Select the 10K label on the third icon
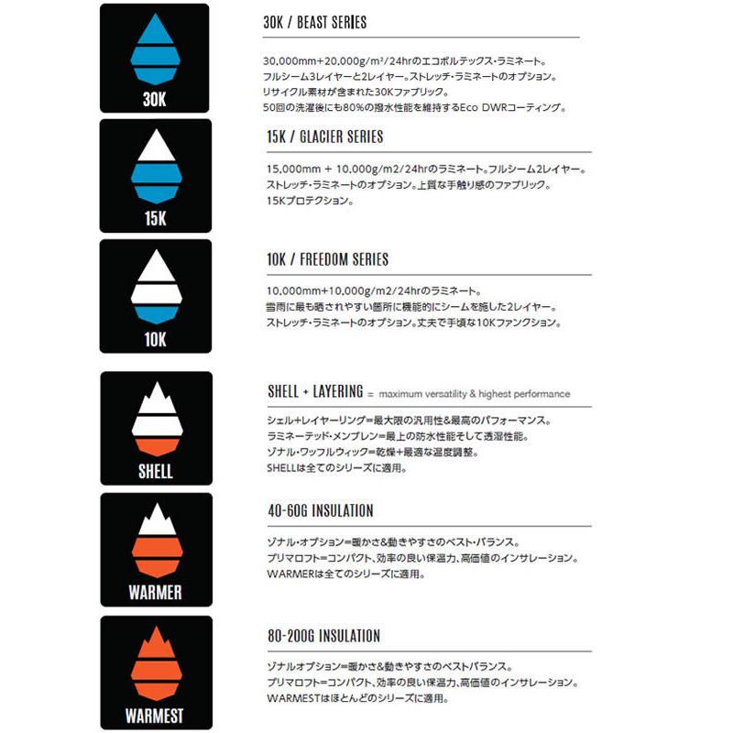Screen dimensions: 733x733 [154, 339]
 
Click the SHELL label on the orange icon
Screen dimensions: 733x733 [154, 472]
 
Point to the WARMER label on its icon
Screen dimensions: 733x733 [154, 593]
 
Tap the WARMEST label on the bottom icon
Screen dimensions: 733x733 [154, 715]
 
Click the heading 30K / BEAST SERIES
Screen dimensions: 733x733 [314, 22]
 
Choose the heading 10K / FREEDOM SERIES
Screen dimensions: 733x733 [326, 259]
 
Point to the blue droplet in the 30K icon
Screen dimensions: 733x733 [154, 50]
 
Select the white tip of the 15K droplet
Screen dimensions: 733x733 [154, 146]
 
